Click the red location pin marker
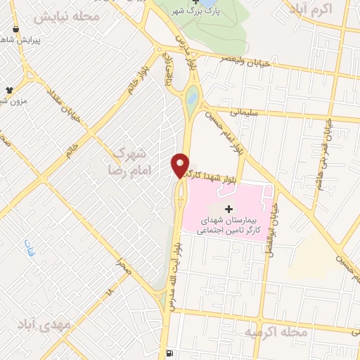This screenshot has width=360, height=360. (x=181, y=165)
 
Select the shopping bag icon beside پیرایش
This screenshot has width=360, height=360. (x=16, y=30)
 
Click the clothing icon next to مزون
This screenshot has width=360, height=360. (x=10, y=90)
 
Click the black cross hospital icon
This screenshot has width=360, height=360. (x=227, y=209)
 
